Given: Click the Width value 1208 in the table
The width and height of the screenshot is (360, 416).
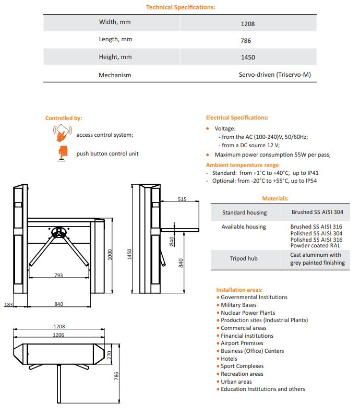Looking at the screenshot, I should (248, 23).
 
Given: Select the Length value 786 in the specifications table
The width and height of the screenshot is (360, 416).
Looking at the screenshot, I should (248, 40).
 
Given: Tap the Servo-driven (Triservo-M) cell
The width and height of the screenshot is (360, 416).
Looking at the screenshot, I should (274, 75).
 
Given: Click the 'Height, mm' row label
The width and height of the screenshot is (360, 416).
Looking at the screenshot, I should (115, 57).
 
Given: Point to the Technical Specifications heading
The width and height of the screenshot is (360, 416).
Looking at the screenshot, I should (180, 7).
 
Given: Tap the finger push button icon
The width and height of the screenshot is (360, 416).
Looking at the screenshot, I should (63, 152).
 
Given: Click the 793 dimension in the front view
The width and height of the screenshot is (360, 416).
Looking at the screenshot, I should (58, 275).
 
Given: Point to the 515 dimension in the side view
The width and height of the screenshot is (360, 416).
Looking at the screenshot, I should (182, 199).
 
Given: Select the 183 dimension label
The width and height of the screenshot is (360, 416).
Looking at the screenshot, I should (8, 304).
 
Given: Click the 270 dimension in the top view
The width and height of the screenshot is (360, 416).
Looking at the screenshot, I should (110, 353).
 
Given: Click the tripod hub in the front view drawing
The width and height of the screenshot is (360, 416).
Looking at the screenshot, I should (58, 231).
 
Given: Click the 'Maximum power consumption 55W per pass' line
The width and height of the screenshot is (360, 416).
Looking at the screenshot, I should (272, 154).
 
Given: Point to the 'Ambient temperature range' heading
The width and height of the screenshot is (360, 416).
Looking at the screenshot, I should (243, 165).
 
